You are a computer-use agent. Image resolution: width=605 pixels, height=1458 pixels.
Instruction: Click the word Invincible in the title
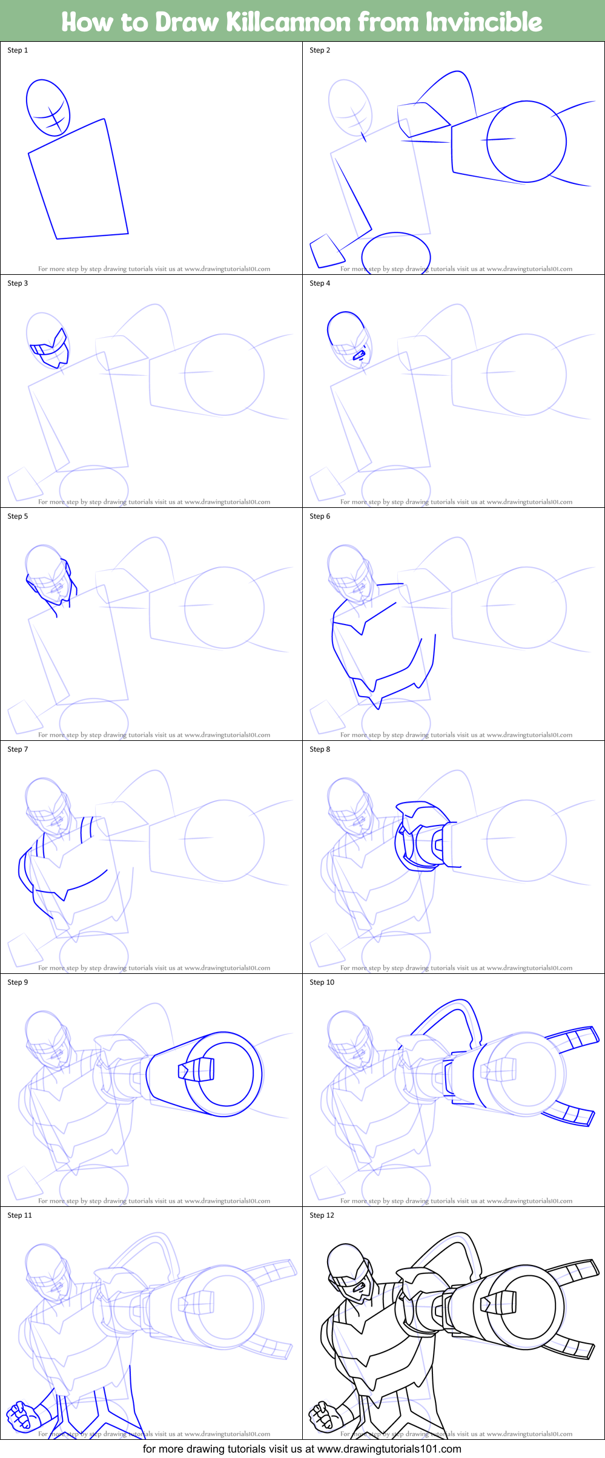coord(483,22)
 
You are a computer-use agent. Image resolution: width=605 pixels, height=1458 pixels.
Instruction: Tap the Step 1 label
coord(18,50)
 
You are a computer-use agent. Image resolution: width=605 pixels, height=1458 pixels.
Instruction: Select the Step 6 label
coord(320,516)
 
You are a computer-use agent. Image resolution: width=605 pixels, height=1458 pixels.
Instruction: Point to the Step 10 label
coord(322,982)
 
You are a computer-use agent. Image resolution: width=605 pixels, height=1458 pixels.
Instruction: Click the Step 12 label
coord(322,1215)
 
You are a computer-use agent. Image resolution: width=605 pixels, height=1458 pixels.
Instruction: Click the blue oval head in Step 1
coord(48,108)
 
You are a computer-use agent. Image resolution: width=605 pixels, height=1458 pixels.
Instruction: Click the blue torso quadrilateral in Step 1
coord(79,182)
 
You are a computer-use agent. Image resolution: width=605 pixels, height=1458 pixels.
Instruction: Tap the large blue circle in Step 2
coord(526,142)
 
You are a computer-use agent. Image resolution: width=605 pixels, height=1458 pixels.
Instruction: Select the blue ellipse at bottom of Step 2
coord(395,251)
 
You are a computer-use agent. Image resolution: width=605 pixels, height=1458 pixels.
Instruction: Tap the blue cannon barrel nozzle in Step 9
coord(197,1070)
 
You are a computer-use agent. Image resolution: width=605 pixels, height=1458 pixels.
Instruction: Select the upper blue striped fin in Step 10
coord(572,1038)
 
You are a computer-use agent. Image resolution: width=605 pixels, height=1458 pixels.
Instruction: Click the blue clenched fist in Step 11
coord(19,1416)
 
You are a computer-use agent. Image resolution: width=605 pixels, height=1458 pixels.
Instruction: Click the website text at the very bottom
coord(302,1449)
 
